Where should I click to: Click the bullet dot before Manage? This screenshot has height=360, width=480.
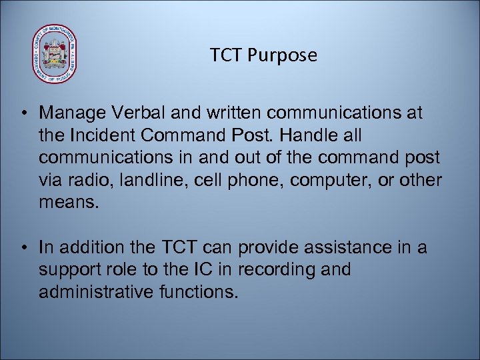click(x=24, y=114)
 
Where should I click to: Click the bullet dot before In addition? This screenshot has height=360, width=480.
click(x=24, y=249)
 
